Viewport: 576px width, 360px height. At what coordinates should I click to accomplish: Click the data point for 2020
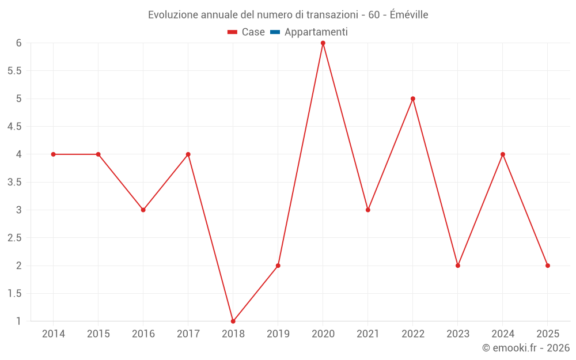click(323, 43)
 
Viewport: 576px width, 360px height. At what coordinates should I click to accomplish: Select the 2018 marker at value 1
click(233, 321)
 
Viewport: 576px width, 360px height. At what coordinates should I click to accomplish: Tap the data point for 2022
click(413, 98)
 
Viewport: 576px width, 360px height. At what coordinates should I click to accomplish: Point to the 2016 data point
click(143, 210)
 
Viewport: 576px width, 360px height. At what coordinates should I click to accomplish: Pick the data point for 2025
click(548, 266)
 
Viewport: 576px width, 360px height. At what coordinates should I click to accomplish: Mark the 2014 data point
click(54, 154)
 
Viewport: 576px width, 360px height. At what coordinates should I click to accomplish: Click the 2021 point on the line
click(368, 210)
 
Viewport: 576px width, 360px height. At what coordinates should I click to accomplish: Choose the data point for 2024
click(503, 154)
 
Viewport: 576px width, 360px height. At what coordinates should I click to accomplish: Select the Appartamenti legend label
click(316, 32)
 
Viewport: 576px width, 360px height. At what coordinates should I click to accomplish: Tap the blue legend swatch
click(275, 32)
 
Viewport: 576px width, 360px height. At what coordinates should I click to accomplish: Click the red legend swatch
click(232, 32)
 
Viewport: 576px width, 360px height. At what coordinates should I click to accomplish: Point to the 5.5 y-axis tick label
click(14, 71)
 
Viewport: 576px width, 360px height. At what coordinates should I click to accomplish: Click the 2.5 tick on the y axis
click(14, 238)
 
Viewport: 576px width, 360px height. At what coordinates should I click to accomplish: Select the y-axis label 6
click(19, 43)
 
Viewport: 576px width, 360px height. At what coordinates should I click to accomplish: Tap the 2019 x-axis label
click(278, 334)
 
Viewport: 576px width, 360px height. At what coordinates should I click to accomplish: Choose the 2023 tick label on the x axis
click(458, 334)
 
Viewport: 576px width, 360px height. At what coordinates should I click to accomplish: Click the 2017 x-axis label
click(188, 334)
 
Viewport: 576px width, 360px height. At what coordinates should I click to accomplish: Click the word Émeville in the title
click(409, 15)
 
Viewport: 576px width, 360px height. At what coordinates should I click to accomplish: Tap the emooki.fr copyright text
click(526, 348)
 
